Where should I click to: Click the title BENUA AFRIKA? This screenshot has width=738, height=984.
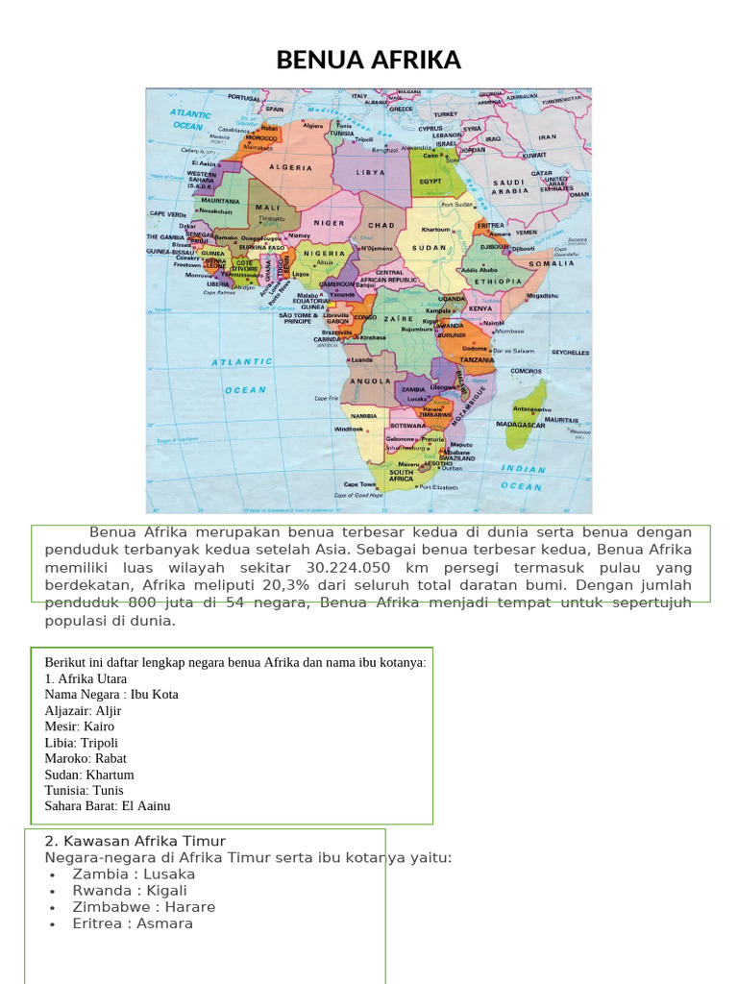click(x=369, y=61)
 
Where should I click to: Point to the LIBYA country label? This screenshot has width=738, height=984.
click(x=370, y=173)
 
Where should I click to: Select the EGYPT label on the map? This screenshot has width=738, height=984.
click(x=430, y=180)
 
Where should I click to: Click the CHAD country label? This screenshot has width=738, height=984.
click(x=381, y=225)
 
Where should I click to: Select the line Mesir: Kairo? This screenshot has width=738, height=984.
click(x=80, y=726)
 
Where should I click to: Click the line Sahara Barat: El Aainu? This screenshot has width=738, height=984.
click(x=108, y=806)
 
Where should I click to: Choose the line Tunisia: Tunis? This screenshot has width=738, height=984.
click(x=85, y=790)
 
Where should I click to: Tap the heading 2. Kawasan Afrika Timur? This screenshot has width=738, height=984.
click(x=135, y=842)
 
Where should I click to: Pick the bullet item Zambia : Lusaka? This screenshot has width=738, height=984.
click(x=134, y=874)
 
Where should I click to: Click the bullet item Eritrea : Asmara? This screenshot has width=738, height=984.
click(x=133, y=923)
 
